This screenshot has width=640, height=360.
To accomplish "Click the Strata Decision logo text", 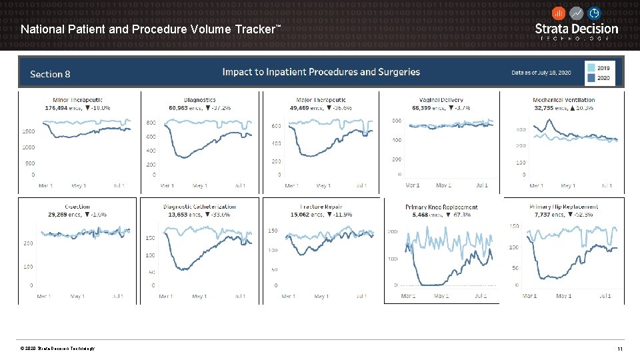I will pyautogui.click(x=577, y=29).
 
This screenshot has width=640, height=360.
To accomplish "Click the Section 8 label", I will pyautogui.click(x=50, y=75).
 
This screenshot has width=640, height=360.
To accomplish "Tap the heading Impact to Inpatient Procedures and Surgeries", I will pyautogui.click(x=321, y=72).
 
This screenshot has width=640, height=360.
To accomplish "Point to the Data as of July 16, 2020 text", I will pyautogui.click(x=541, y=72).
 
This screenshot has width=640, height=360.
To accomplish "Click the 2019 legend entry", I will pyautogui.click(x=603, y=67).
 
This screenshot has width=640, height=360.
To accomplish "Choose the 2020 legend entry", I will pyautogui.click(x=603, y=79).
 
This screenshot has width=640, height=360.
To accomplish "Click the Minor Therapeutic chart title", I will pyautogui.click(x=79, y=100).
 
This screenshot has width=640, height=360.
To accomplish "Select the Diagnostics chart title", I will pyautogui.click(x=199, y=100).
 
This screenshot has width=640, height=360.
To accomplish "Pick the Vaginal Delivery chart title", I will pyautogui.click(x=442, y=100).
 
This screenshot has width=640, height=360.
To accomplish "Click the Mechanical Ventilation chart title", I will pyautogui.click(x=564, y=100).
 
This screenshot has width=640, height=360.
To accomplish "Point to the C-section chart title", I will pyautogui.click(x=77, y=207).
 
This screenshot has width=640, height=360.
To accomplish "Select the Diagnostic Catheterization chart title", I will pyautogui.click(x=199, y=207).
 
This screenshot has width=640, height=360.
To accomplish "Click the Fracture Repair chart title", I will pyautogui.click(x=321, y=207).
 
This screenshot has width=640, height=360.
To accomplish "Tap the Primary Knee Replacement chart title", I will pyautogui.click(x=441, y=207).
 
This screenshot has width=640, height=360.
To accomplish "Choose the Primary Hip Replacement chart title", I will pyautogui.click(x=564, y=207).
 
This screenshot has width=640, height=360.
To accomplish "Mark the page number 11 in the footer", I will pyautogui.click(x=620, y=349).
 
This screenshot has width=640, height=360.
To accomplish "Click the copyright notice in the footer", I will pyautogui.click(x=57, y=349).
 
